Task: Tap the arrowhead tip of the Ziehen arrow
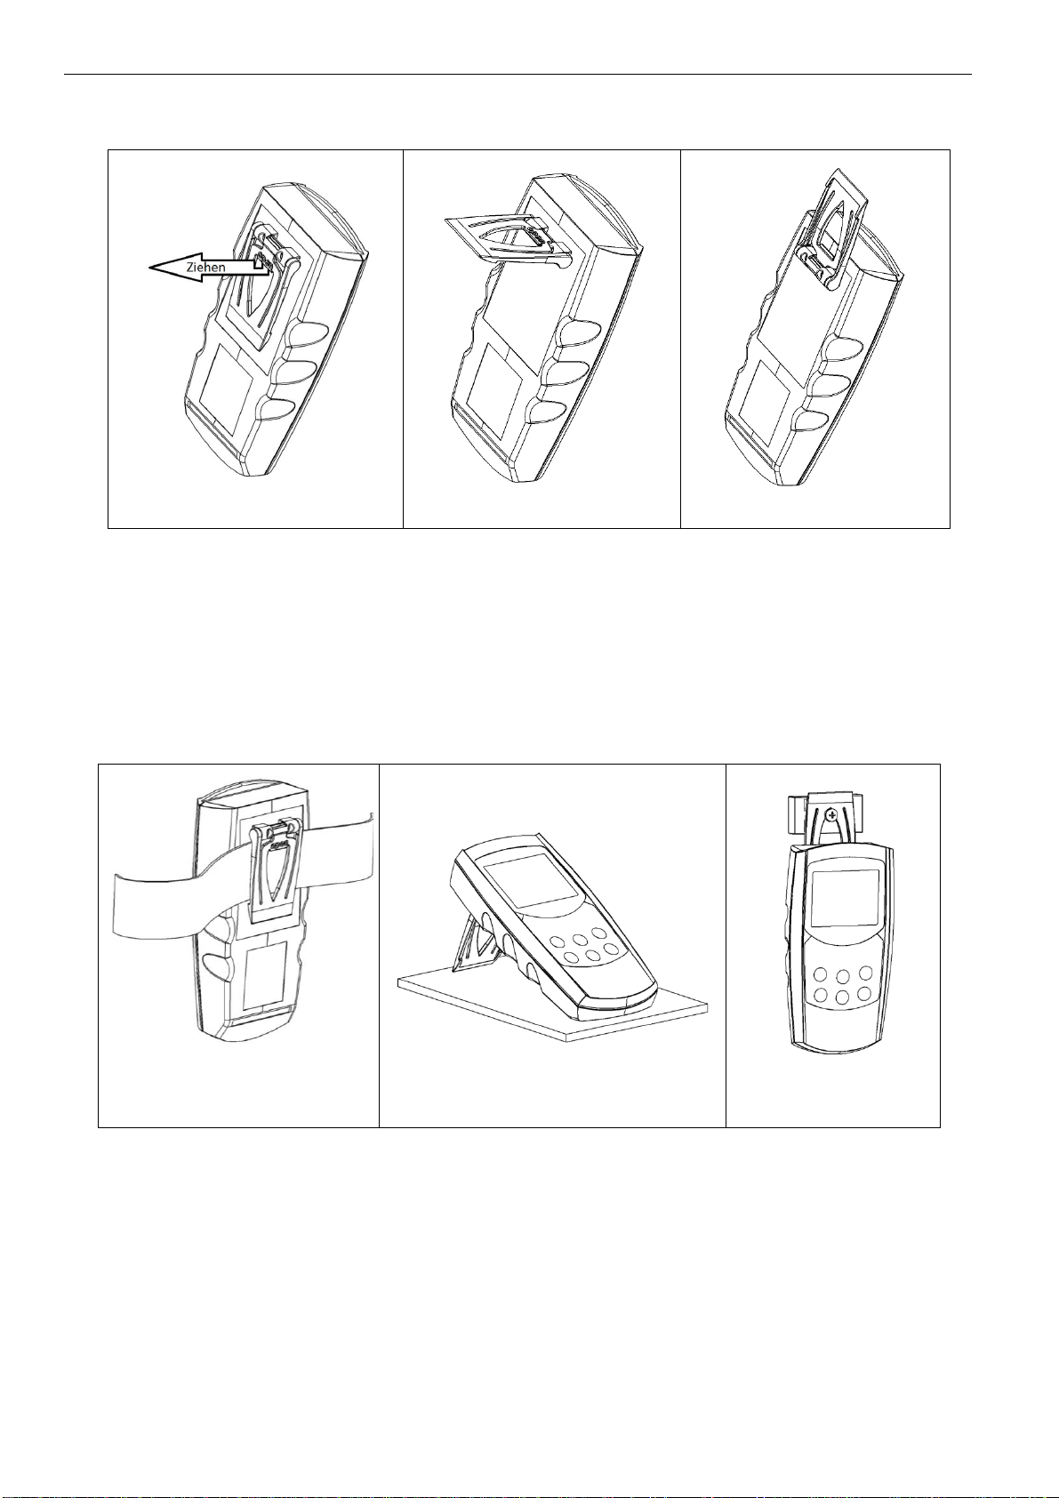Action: point(148,268)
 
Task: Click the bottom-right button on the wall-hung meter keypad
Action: point(866,993)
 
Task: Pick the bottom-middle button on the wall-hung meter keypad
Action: point(842,997)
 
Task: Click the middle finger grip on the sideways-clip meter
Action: point(558,375)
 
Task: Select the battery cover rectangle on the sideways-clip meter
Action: point(494,378)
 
